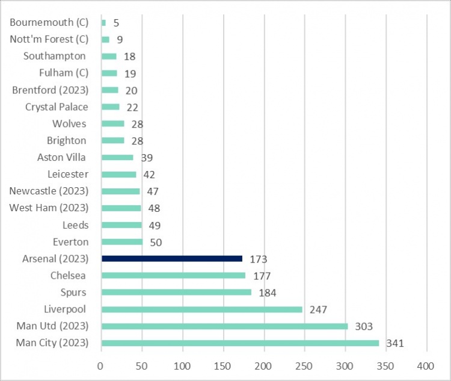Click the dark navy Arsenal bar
click(x=172, y=259)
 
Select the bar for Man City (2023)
click(x=241, y=343)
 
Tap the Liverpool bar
click(x=202, y=309)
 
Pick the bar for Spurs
click(x=177, y=293)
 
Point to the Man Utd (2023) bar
click(x=225, y=326)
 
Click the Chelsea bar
click(x=174, y=276)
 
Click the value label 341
click(x=394, y=344)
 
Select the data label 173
click(x=258, y=259)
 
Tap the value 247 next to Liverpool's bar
click(x=318, y=310)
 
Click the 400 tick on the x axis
click(x=426, y=366)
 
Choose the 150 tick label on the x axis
click(x=222, y=366)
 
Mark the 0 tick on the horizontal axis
click(x=101, y=366)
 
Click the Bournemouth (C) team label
click(x=49, y=23)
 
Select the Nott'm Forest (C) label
click(x=49, y=40)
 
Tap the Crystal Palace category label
click(x=57, y=107)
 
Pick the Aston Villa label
click(x=61, y=158)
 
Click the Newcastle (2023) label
click(x=49, y=191)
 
